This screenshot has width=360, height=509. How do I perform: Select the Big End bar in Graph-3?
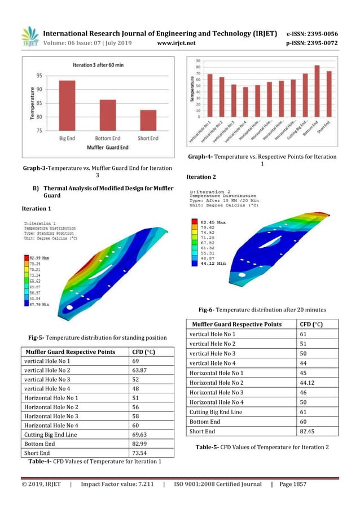tap(67, 106)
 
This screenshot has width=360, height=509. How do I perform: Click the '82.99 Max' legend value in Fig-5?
tap(37, 257)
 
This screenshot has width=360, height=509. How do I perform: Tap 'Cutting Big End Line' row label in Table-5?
tap(217, 411)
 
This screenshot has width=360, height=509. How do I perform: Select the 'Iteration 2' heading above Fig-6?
tap(201, 177)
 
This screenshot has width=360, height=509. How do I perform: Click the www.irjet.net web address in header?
tap(177, 42)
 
